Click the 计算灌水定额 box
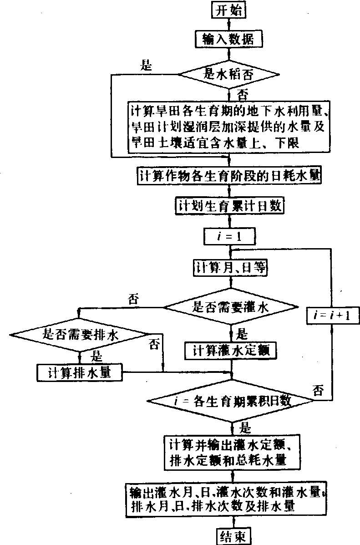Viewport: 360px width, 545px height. coord(230,351)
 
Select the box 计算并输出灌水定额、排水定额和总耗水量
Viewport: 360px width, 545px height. coord(232,451)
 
